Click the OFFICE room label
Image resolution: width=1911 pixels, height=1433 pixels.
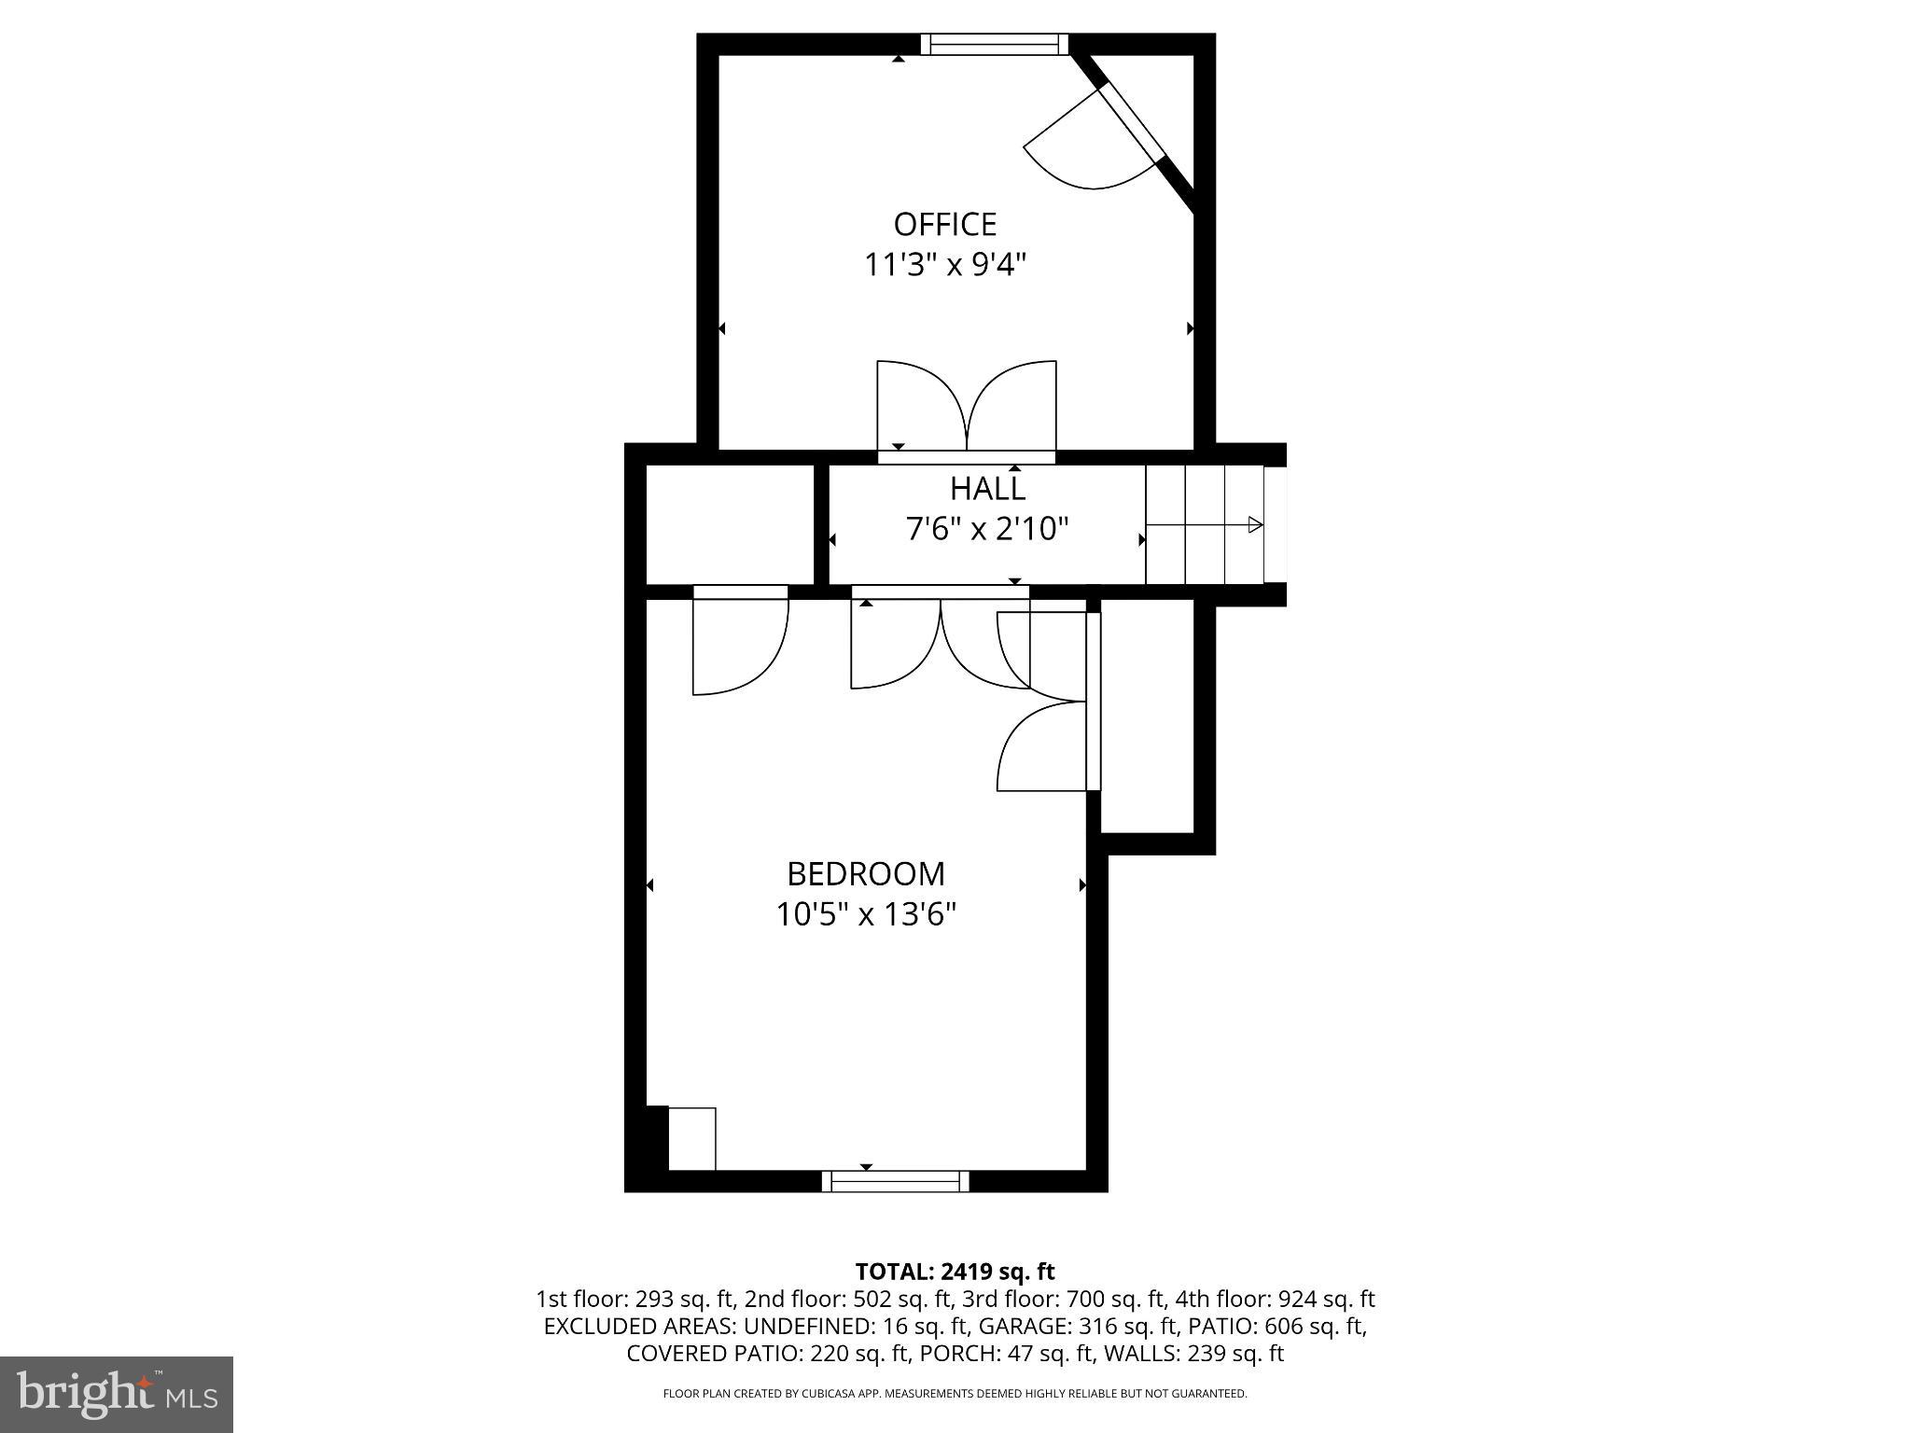click(944, 225)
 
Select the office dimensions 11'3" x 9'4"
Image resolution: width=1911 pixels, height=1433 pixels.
click(944, 266)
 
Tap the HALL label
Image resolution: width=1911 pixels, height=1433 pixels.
click(987, 489)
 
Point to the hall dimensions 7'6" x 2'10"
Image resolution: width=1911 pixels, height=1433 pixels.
click(987, 530)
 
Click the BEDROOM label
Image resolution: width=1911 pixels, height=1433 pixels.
click(866, 874)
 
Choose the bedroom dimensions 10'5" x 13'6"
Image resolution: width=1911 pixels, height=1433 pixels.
click(866, 915)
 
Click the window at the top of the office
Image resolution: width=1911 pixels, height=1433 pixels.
click(994, 44)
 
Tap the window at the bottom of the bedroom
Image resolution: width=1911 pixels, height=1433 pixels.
click(895, 1182)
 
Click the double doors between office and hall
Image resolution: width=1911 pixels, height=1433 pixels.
click(967, 410)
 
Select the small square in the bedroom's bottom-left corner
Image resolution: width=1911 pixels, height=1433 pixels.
click(692, 1138)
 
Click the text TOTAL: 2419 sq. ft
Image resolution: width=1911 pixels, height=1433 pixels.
click(955, 1272)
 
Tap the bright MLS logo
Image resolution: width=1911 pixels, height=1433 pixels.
click(117, 1394)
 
